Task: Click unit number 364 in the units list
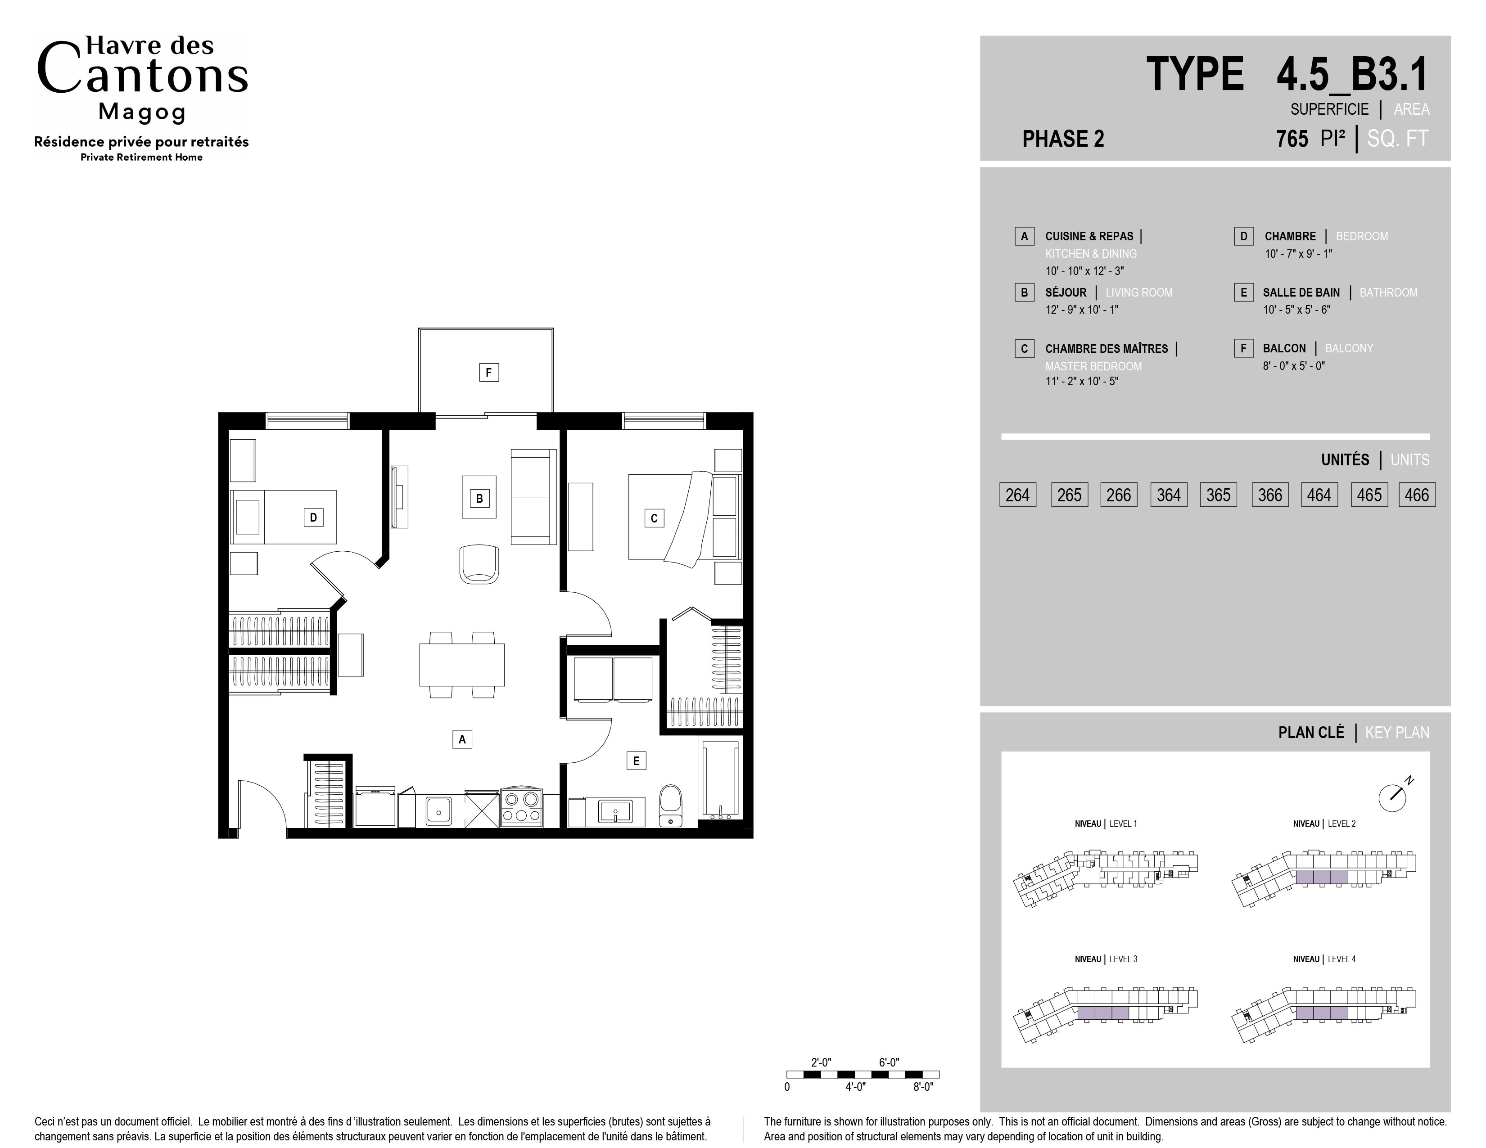click(x=1169, y=495)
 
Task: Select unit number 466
click(x=1417, y=495)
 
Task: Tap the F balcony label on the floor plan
click(x=488, y=372)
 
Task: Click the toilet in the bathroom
click(x=671, y=806)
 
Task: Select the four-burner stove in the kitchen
click(x=522, y=807)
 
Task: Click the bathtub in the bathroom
click(x=720, y=779)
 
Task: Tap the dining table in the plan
click(x=462, y=664)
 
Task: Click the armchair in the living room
click(x=479, y=564)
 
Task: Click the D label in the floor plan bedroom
click(x=313, y=518)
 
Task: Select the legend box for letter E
click(x=1244, y=293)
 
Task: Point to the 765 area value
click(x=1292, y=139)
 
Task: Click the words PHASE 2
click(x=1063, y=139)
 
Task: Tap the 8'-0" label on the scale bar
click(x=923, y=1087)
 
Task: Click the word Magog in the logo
click(x=142, y=112)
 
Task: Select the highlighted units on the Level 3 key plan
click(x=1103, y=1013)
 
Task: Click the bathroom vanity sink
click(x=615, y=811)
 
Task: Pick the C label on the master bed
click(x=654, y=518)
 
